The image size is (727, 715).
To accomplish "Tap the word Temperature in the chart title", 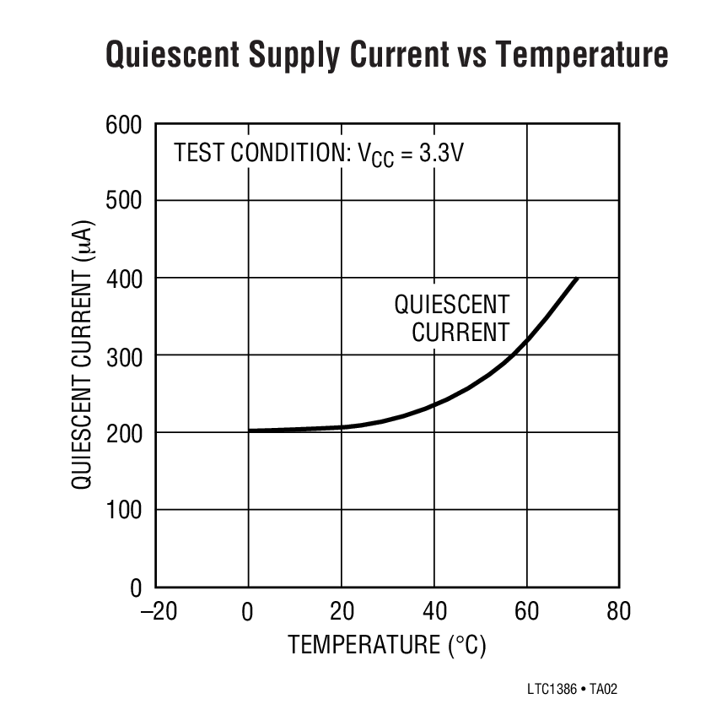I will pos(581,55).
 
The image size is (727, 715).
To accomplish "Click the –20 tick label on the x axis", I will pos(157,611).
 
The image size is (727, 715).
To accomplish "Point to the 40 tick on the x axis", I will pos(434,611).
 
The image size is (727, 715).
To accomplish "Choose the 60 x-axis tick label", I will pos(526,611).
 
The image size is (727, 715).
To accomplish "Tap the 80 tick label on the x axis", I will pos(618,611).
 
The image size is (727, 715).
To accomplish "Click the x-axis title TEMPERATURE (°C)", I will pos(387,646).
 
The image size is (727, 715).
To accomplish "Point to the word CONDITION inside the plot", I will pos(291,154).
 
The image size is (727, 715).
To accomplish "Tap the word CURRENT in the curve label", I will pos(460,332).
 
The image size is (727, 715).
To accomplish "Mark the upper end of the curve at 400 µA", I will pos(577,279).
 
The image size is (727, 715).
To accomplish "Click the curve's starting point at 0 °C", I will pos(250,431).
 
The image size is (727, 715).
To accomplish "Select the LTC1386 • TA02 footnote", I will pos(572,690).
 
